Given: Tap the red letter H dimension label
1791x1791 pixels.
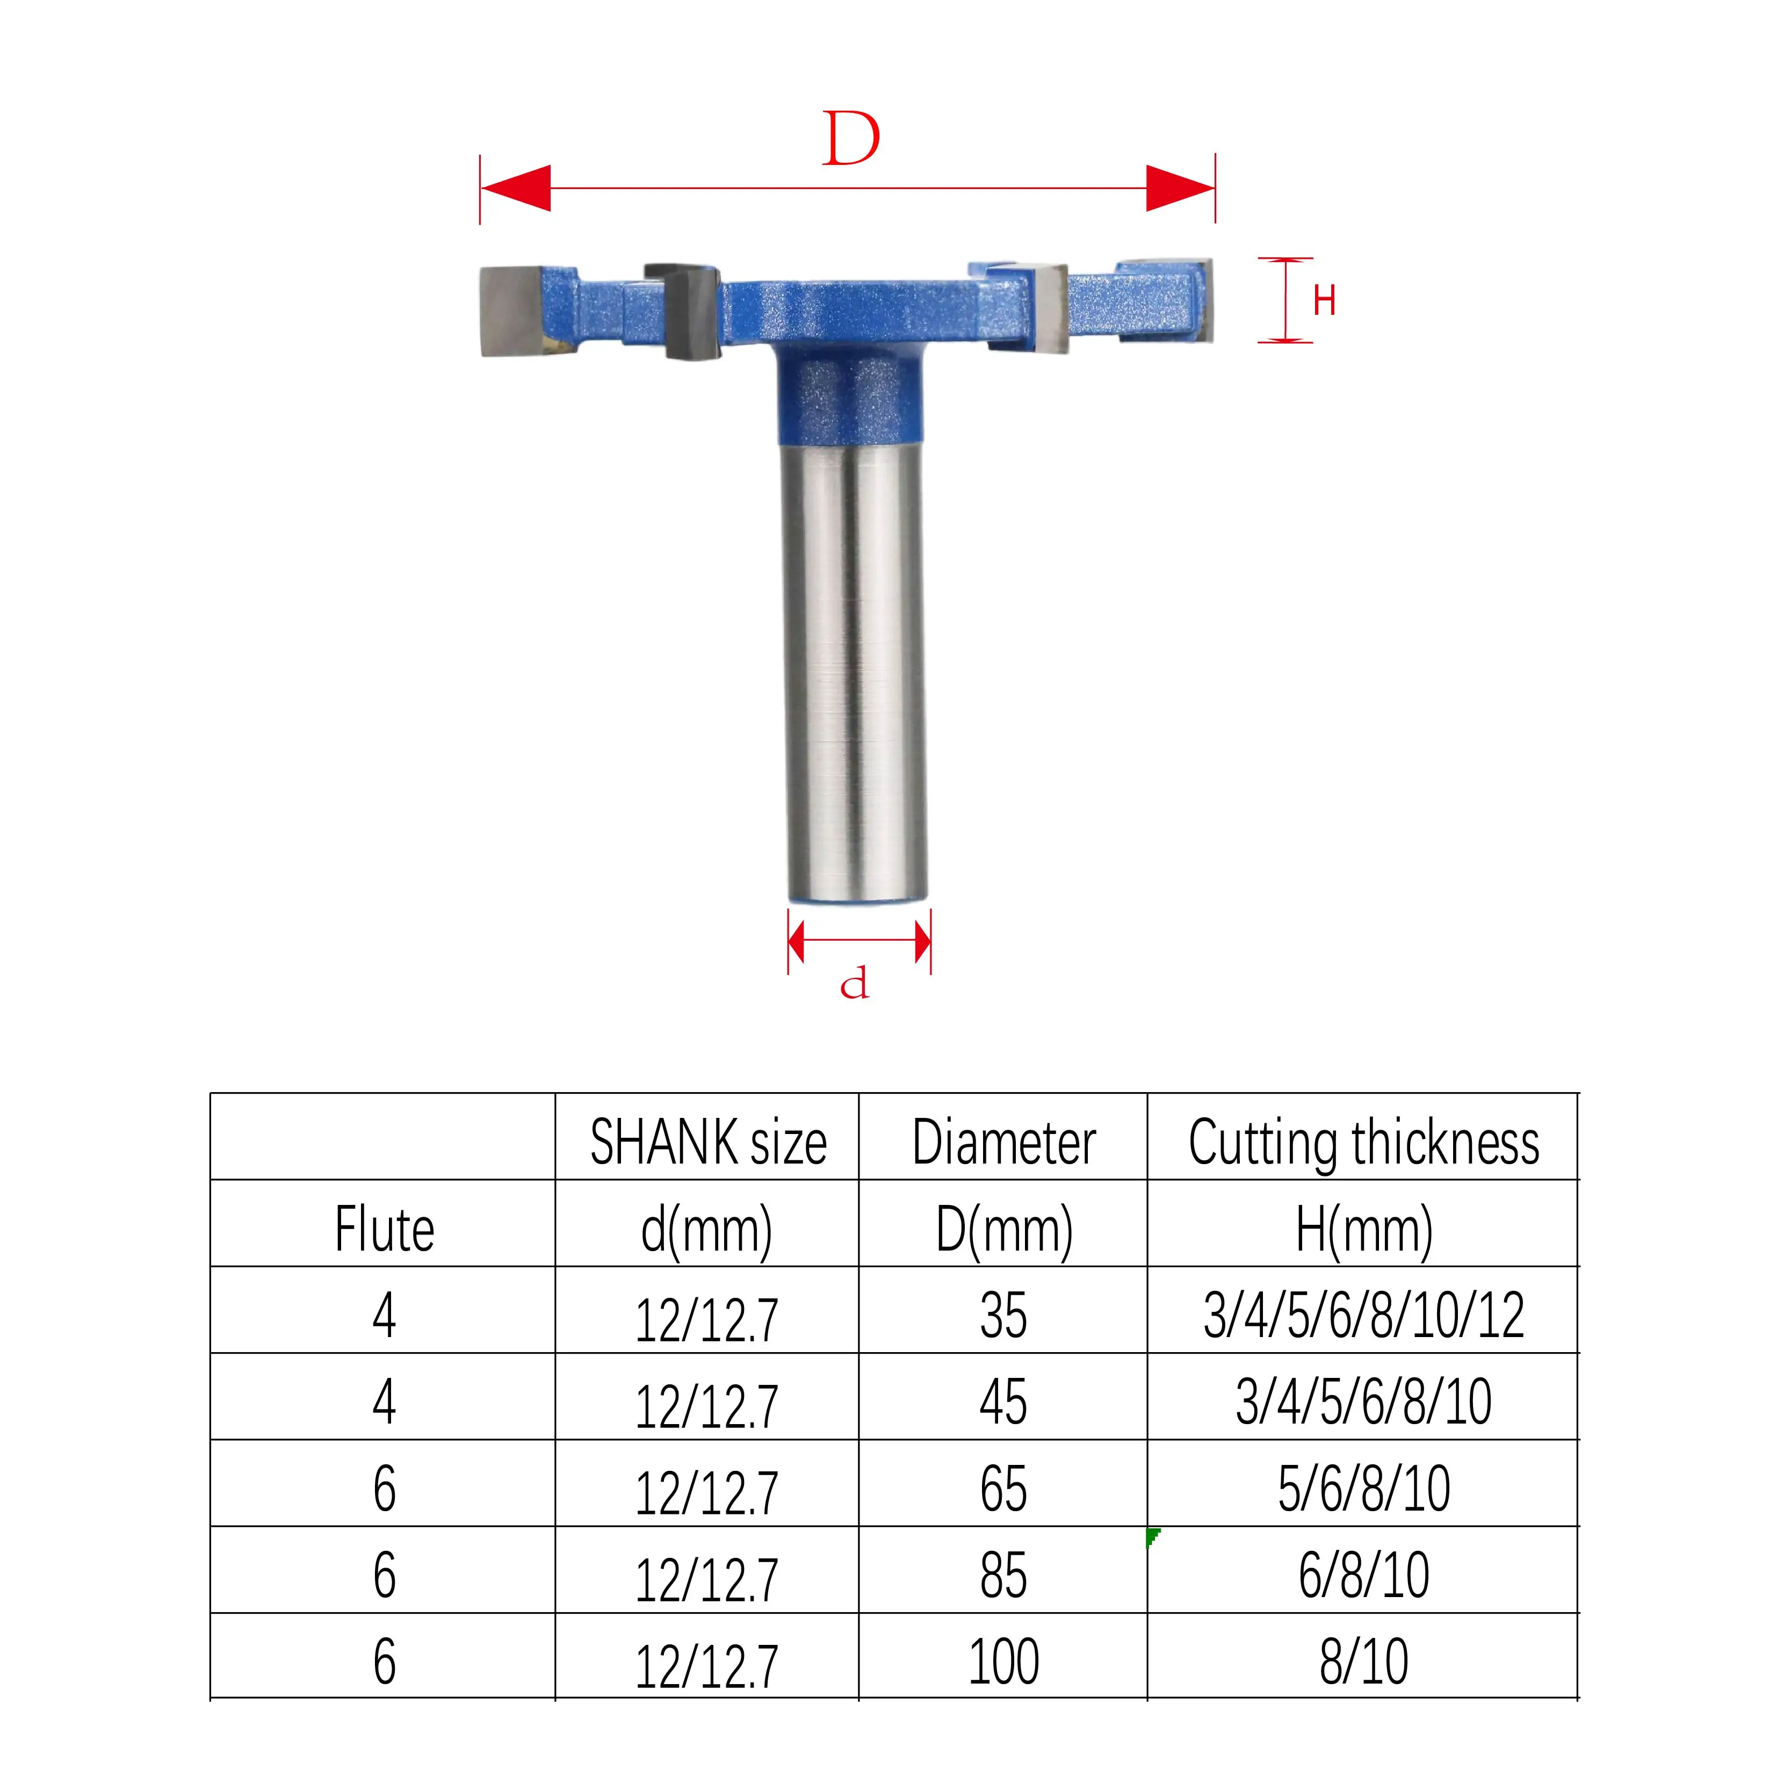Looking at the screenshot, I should (1324, 300).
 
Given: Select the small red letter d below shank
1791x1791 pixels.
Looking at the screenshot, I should (854, 984).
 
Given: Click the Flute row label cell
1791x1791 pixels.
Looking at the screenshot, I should (384, 1229).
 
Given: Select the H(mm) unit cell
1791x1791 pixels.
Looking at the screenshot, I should (1363, 1229).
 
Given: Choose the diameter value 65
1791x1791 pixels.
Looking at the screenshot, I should (1003, 1489).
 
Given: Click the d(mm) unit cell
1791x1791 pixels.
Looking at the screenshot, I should (707, 1229).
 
